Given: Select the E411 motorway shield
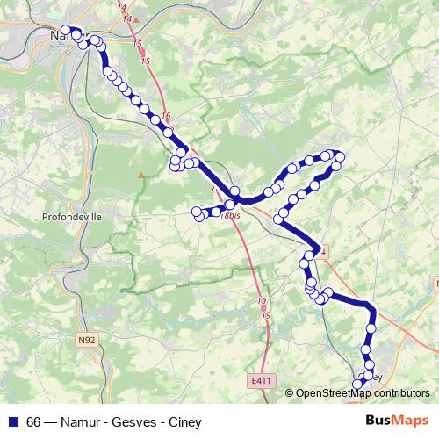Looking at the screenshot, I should tap(261, 380).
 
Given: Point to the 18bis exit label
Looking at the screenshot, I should tap(231, 216).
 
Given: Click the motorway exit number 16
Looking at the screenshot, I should tap(166, 117).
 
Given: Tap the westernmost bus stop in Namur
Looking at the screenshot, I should tap(66, 30).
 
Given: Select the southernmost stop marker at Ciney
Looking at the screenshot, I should tap(357, 384).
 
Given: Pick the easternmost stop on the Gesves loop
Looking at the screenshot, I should tap(340, 156).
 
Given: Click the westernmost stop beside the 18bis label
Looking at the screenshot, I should tap(197, 210).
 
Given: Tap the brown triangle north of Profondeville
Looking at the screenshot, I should tap(140, 176).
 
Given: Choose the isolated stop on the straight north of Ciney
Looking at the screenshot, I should tap(371, 327).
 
